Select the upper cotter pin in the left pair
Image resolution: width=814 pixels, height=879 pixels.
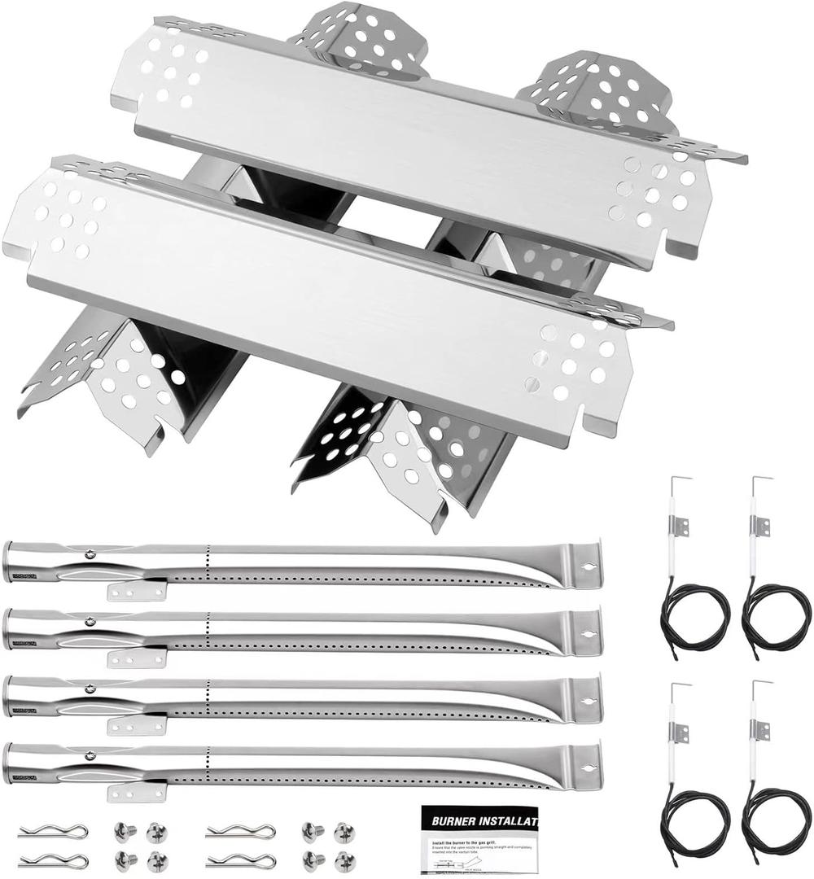[53, 830]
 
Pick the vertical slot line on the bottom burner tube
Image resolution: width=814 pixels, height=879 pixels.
[208, 765]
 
